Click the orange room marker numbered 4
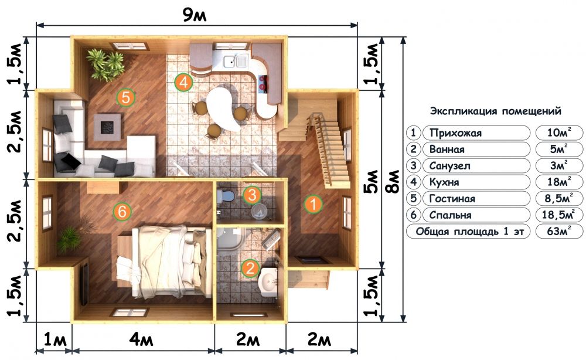click(x=183, y=82)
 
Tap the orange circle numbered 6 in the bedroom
click(x=122, y=212)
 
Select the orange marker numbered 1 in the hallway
click(x=313, y=204)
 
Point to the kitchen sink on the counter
click(x=236, y=60)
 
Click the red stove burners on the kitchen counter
click(x=263, y=83)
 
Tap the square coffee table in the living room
click(x=107, y=127)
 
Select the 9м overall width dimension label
click(x=195, y=15)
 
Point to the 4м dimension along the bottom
click(x=141, y=340)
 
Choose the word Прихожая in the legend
click(x=455, y=133)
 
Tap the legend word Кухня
click(x=444, y=182)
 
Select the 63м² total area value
click(x=558, y=232)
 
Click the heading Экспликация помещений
click(x=496, y=111)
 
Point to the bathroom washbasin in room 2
click(x=268, y=280)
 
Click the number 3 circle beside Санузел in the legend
click(x=413, y=165)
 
